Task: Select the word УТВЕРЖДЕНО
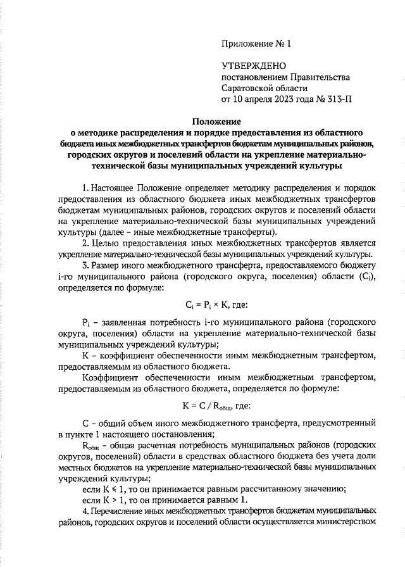click(x=254, y=66)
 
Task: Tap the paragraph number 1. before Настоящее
click(x=85, y=188)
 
